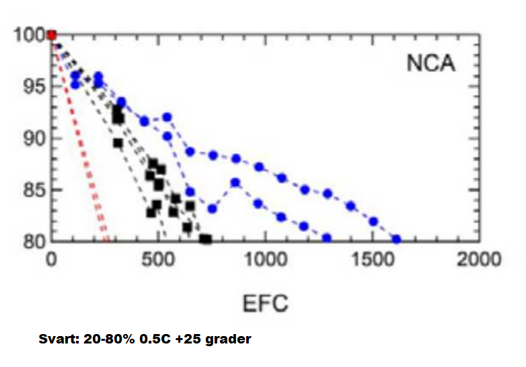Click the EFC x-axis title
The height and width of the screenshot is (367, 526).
[264, 304]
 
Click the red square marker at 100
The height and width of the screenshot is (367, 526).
[52, 35]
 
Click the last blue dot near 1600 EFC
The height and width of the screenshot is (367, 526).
[396, 239]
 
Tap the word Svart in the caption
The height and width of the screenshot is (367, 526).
[56, 339]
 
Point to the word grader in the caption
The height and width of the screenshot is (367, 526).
[229, 339]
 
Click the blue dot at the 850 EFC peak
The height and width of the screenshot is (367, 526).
[235, 182]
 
